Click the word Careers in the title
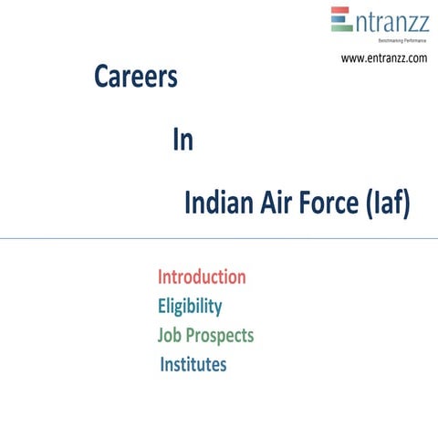coord(135,78)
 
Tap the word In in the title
coord(182,141)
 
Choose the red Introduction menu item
coord(202,276)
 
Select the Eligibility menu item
coord(190,306)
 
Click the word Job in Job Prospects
coord(170,336)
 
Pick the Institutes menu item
coord(193,365)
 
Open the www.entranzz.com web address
coord(384,58)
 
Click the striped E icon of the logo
coord(341,19)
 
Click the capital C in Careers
coord(102,78)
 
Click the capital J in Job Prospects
coord(161,335)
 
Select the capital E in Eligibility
coord(162,306)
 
